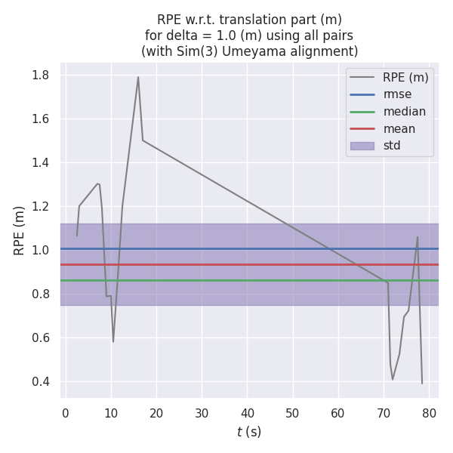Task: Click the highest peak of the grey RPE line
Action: tap(138, 76)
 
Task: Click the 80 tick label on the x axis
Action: tap(429, 414)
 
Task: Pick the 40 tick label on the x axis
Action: tap(247, 414)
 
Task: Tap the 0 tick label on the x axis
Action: tap(66, 414)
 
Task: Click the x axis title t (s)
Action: tap(248, 432)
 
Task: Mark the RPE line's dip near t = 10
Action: tap(113, 341)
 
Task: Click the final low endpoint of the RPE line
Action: tap(422, 384)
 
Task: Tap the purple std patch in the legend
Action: tap(362, 146)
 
